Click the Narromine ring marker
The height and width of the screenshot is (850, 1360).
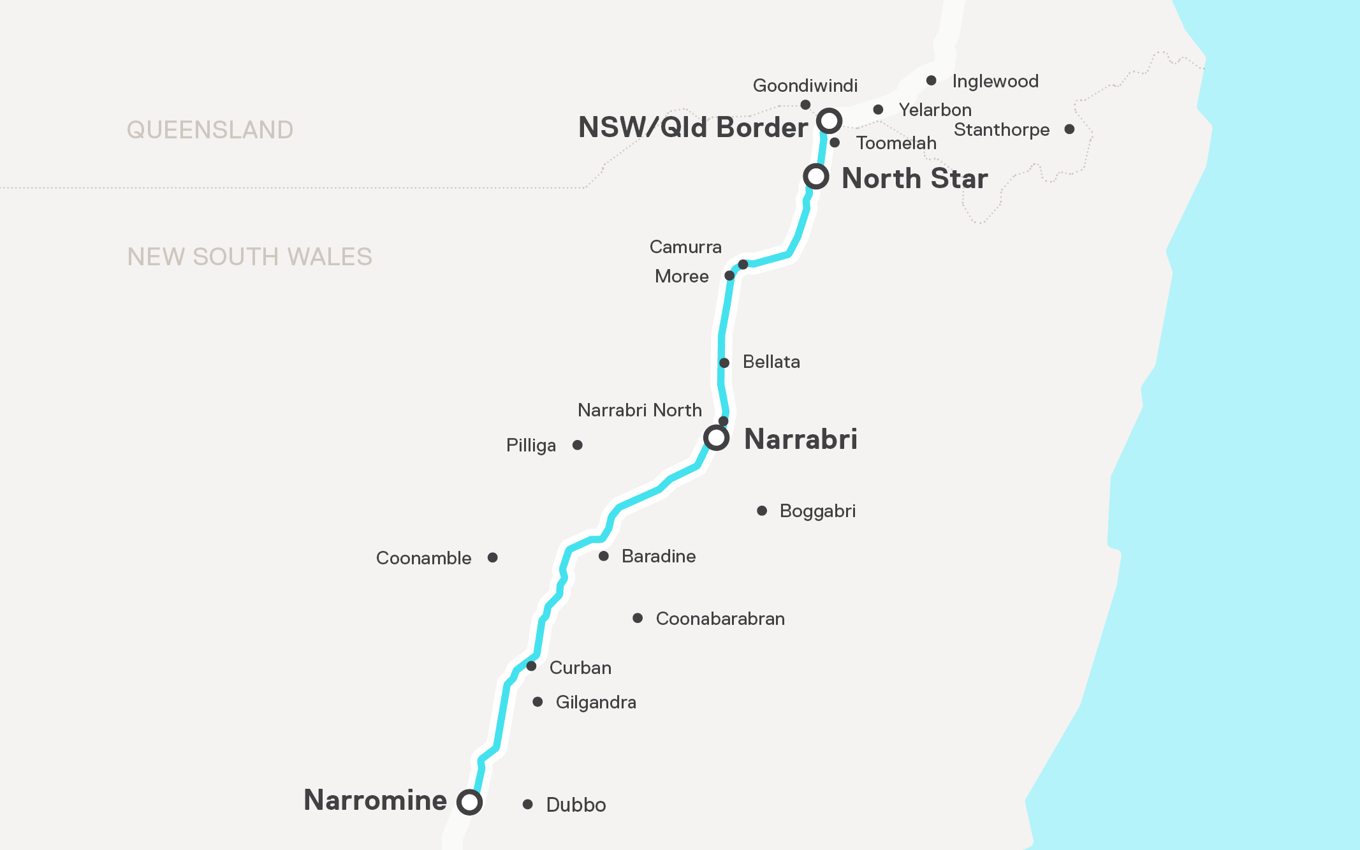point(469,802)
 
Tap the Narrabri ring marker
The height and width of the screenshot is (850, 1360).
point(716,438)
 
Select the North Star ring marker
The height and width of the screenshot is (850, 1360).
point(816,176)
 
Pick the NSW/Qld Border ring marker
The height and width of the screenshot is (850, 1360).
point(830,120)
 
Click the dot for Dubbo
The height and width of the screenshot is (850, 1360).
point(528,805)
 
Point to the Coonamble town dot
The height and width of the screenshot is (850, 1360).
point(493,558)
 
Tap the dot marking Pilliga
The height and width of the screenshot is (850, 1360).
point(578,445)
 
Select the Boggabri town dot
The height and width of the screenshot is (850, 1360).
point(762,511)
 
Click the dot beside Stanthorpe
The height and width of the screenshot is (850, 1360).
point(1070,129)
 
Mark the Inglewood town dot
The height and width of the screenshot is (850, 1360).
point(932,80)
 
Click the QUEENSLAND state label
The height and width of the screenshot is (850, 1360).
point(210,130)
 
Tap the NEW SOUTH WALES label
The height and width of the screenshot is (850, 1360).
point(249,257)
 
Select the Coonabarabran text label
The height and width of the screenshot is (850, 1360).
point(720,619)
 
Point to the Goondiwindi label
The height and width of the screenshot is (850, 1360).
point(805,85)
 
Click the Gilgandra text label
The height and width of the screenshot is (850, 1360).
point(596,702)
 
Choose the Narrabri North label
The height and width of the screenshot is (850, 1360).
point(640,410)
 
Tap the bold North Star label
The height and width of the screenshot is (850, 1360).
point(915,179)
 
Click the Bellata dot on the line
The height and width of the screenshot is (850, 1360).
point(724,363)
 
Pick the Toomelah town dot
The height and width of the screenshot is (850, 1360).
point(835,143)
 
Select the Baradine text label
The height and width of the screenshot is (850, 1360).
point(658,556)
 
